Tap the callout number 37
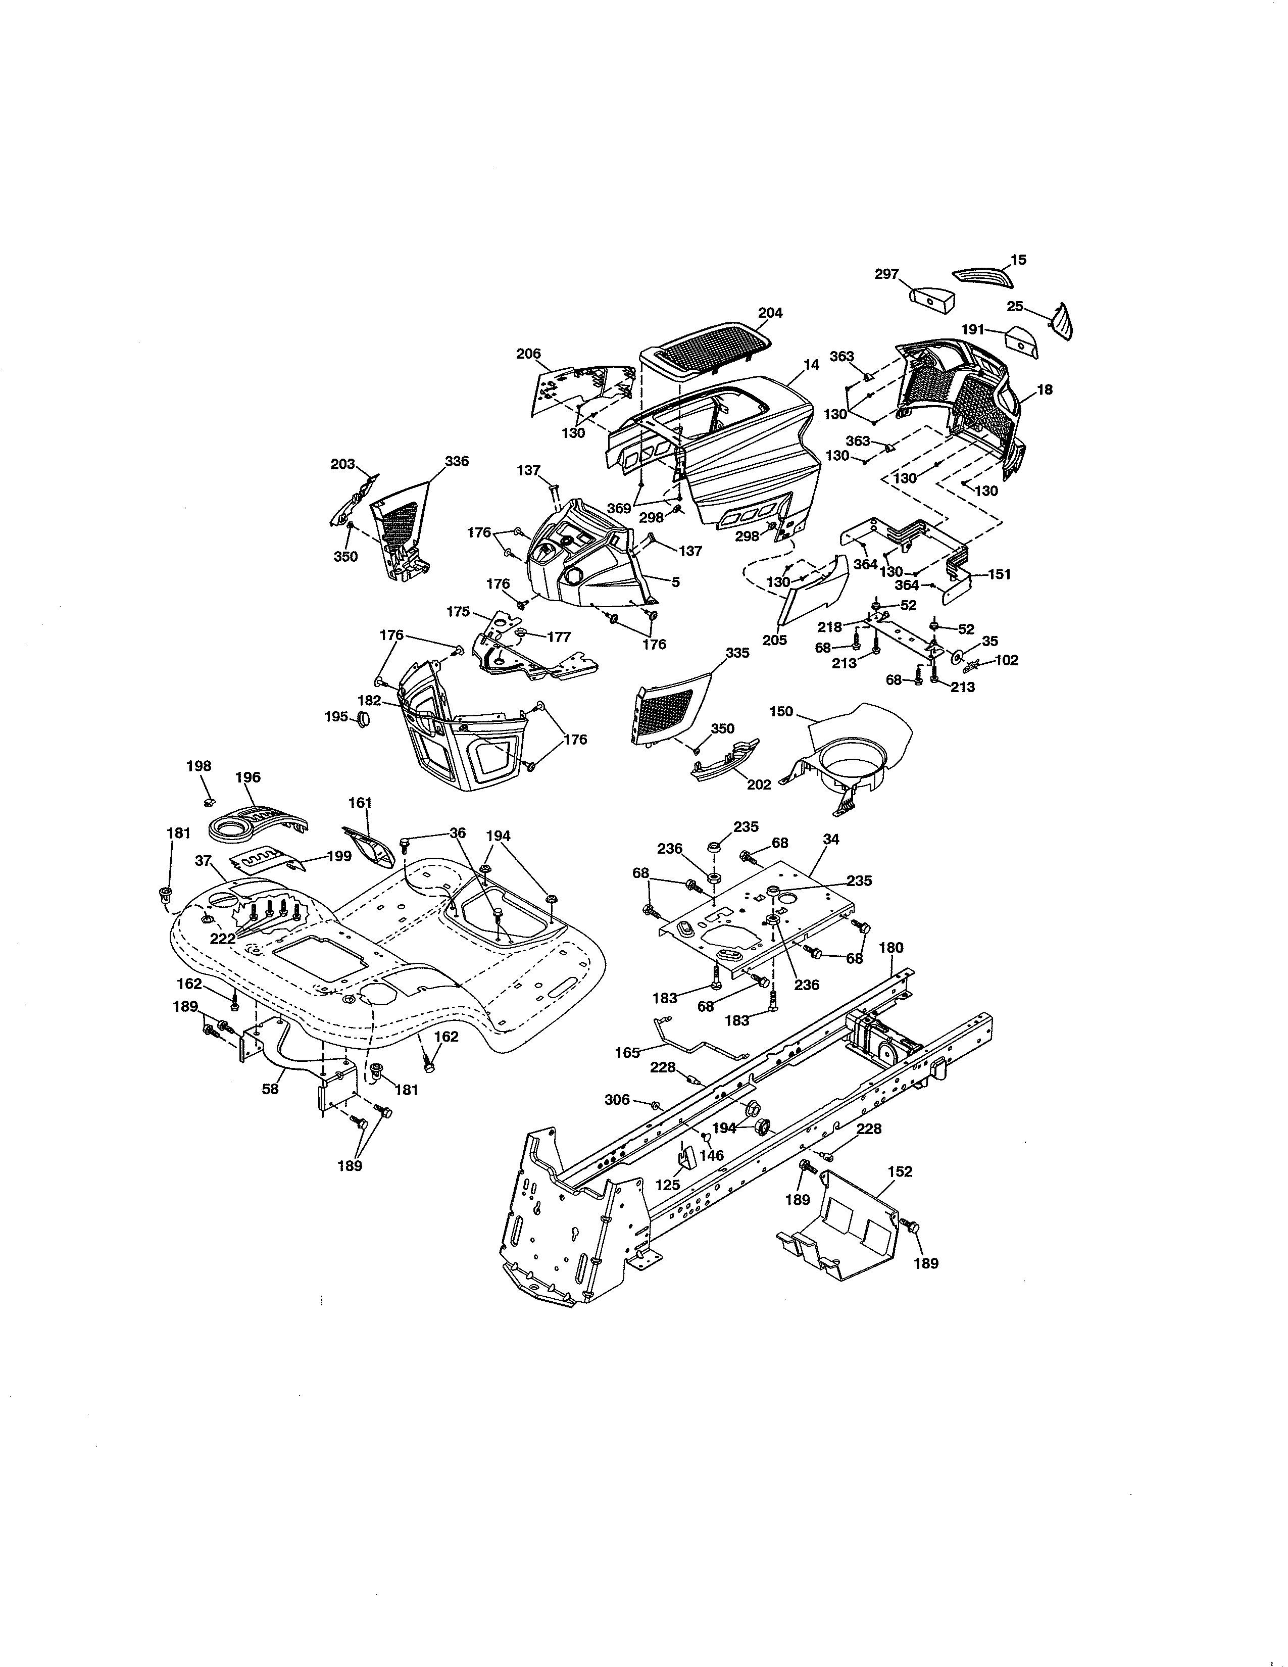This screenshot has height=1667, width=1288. tap(203, 860)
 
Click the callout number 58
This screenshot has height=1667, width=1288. tap(270, 1089)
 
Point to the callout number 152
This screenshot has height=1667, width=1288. tap(901, 1171)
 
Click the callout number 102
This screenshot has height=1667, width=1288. tap(1007, 660)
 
